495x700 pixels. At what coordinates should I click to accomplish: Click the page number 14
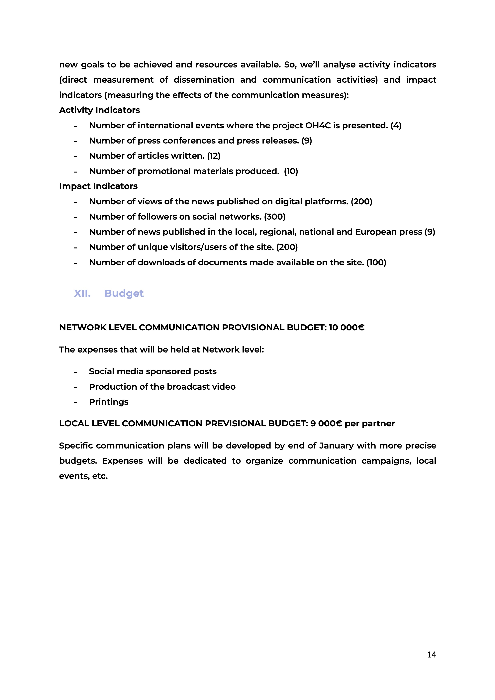click(x=432, y=654)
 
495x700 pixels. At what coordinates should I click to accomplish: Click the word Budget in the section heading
click(x=124, y=293)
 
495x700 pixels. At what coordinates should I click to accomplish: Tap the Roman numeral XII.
click(x=82, y=293)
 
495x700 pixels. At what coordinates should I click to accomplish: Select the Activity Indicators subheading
click(x=99, y=110)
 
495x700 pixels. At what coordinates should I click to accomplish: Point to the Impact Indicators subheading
click(x=98, y=186)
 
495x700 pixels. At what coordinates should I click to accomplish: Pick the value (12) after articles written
click(x=214, y=156)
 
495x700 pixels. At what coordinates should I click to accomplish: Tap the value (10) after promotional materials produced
click(x=291, y=171)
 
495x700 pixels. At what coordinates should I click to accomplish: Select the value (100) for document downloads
click(x=376, y=262)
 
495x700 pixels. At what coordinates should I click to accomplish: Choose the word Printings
click(x=109, y=402)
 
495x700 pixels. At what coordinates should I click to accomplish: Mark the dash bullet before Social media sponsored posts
click(x=75, y=372)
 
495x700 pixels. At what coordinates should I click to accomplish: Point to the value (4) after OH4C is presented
click(x=396, y=125)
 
